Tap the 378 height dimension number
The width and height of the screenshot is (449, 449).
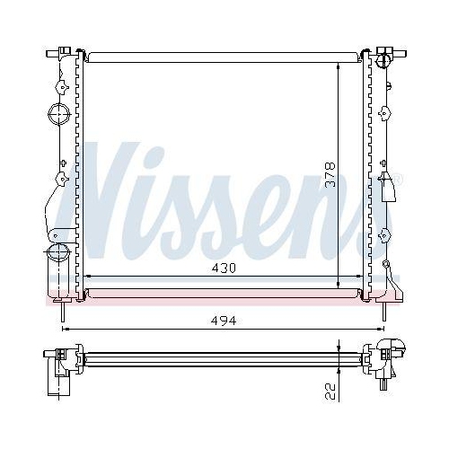point(330,172)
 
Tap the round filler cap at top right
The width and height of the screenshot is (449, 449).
point(386,60)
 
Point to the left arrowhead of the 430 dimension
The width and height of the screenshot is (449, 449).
point(86,277)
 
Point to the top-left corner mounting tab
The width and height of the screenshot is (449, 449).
point(63,50)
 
